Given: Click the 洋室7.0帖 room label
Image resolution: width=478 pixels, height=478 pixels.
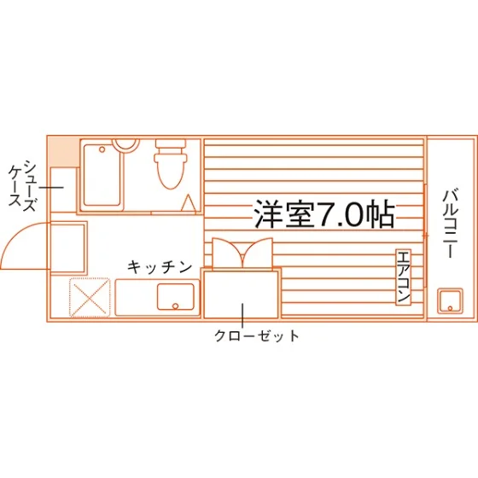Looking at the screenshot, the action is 324,214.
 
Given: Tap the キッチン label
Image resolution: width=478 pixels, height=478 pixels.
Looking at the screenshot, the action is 160,267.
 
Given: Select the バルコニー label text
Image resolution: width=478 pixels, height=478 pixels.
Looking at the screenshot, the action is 451,224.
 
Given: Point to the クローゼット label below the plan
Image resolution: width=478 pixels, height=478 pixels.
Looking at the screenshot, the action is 257,336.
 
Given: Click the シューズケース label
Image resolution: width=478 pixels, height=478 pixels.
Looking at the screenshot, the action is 22,186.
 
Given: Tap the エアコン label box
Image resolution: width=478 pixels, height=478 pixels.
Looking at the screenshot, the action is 403,277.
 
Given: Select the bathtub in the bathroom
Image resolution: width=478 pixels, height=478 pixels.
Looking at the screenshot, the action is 102,175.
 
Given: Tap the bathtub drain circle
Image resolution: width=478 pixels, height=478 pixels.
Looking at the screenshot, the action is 102,149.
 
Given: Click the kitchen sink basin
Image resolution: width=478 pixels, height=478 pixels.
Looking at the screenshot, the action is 176,297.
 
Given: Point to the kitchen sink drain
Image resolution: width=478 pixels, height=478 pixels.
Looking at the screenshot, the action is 175,306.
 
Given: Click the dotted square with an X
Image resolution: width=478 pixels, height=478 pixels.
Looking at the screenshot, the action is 90,297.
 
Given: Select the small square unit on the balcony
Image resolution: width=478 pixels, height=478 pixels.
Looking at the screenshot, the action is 450,300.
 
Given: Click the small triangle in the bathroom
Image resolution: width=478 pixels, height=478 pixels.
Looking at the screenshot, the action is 188,203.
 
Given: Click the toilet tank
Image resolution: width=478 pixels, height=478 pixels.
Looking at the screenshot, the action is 171,144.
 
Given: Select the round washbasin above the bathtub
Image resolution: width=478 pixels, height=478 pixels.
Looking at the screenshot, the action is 125,143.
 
